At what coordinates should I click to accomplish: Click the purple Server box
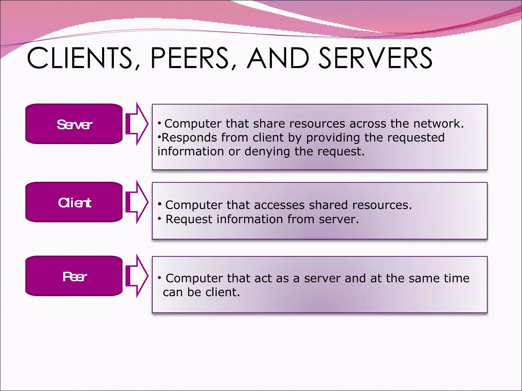pyautogui.click(x=74, y=124)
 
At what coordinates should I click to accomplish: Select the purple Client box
pyautogui.click(x=74, y=202)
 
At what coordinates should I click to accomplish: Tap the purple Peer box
pyautogui.click(x=74, y=276)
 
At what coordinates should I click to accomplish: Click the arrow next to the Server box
pyautogui.click(x=137, y=124)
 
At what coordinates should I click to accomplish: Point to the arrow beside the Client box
pyautogui.click(x=137, y=202)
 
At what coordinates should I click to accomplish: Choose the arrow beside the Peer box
pyautogui.click(x=137, y=276)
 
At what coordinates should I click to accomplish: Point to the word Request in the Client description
pyautogui.click(x=189, y=219)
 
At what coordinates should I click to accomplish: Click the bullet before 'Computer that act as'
pyautogui.click(x=159, y=277)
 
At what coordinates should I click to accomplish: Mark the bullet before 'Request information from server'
pyautogui.click(x=159, y=218)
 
